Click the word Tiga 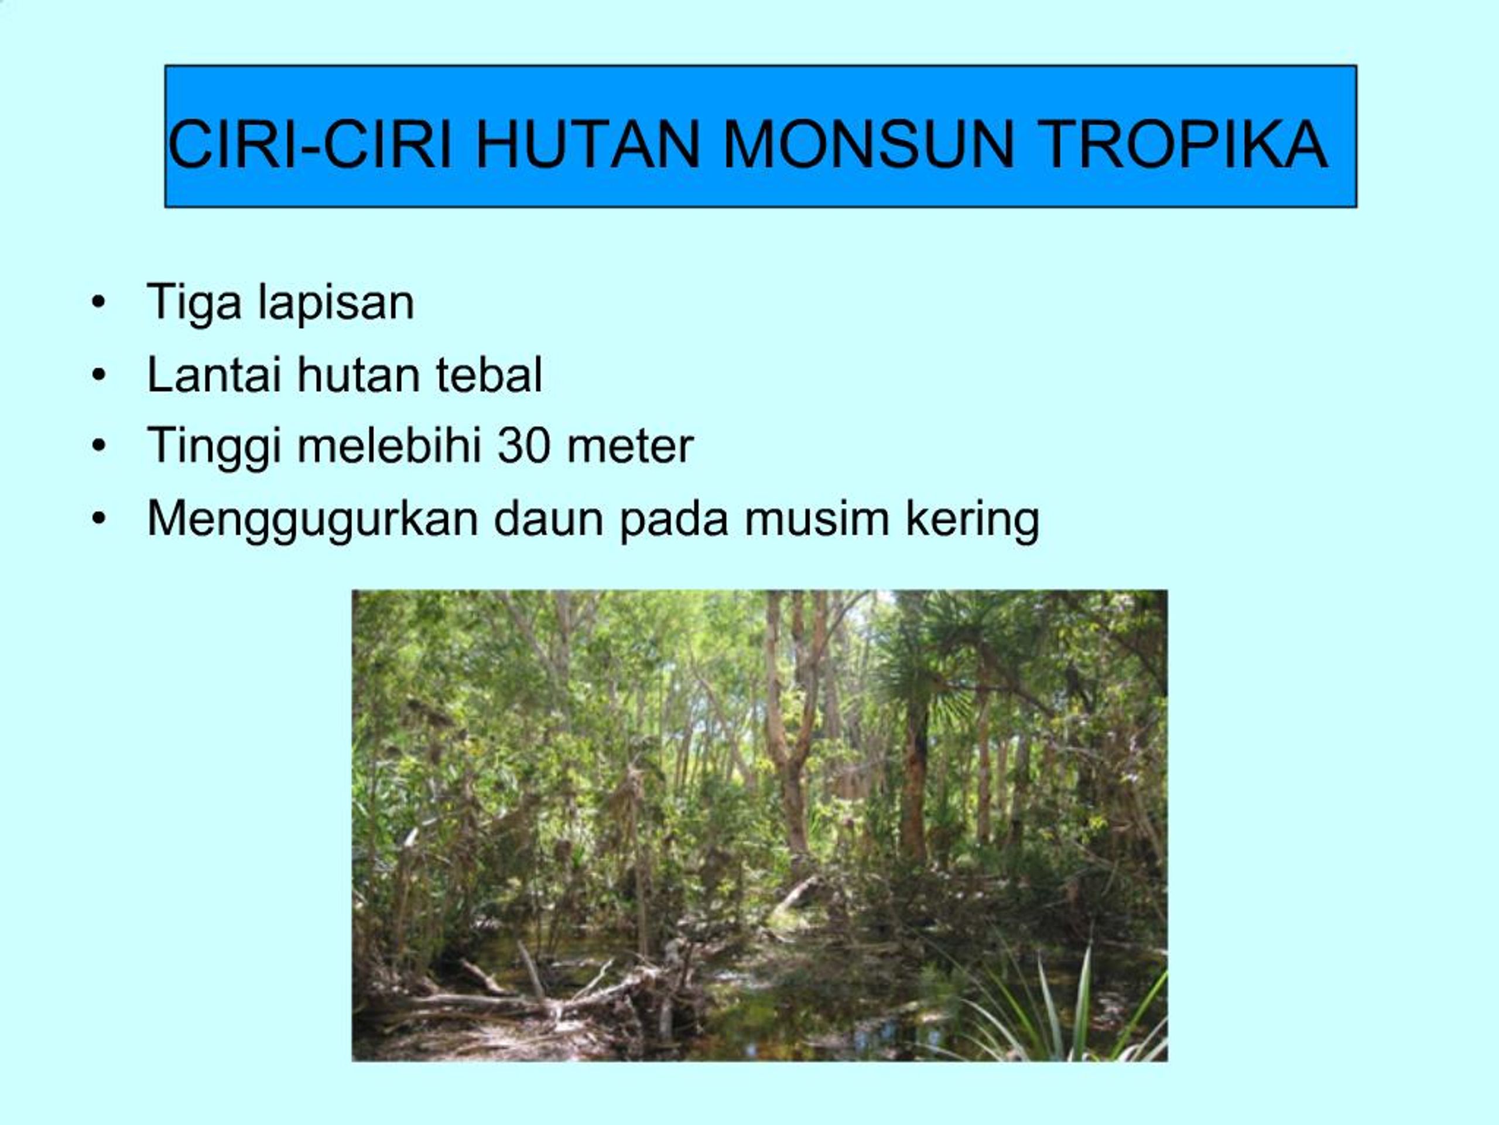tap(194, 302)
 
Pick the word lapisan tap(336, 302)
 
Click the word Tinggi tap(214, 447)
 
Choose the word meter tap(630, 447)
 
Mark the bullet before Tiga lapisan tap(99, 303)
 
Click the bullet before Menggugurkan tap(99, 519)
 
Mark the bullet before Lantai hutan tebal tap(99, 375)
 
